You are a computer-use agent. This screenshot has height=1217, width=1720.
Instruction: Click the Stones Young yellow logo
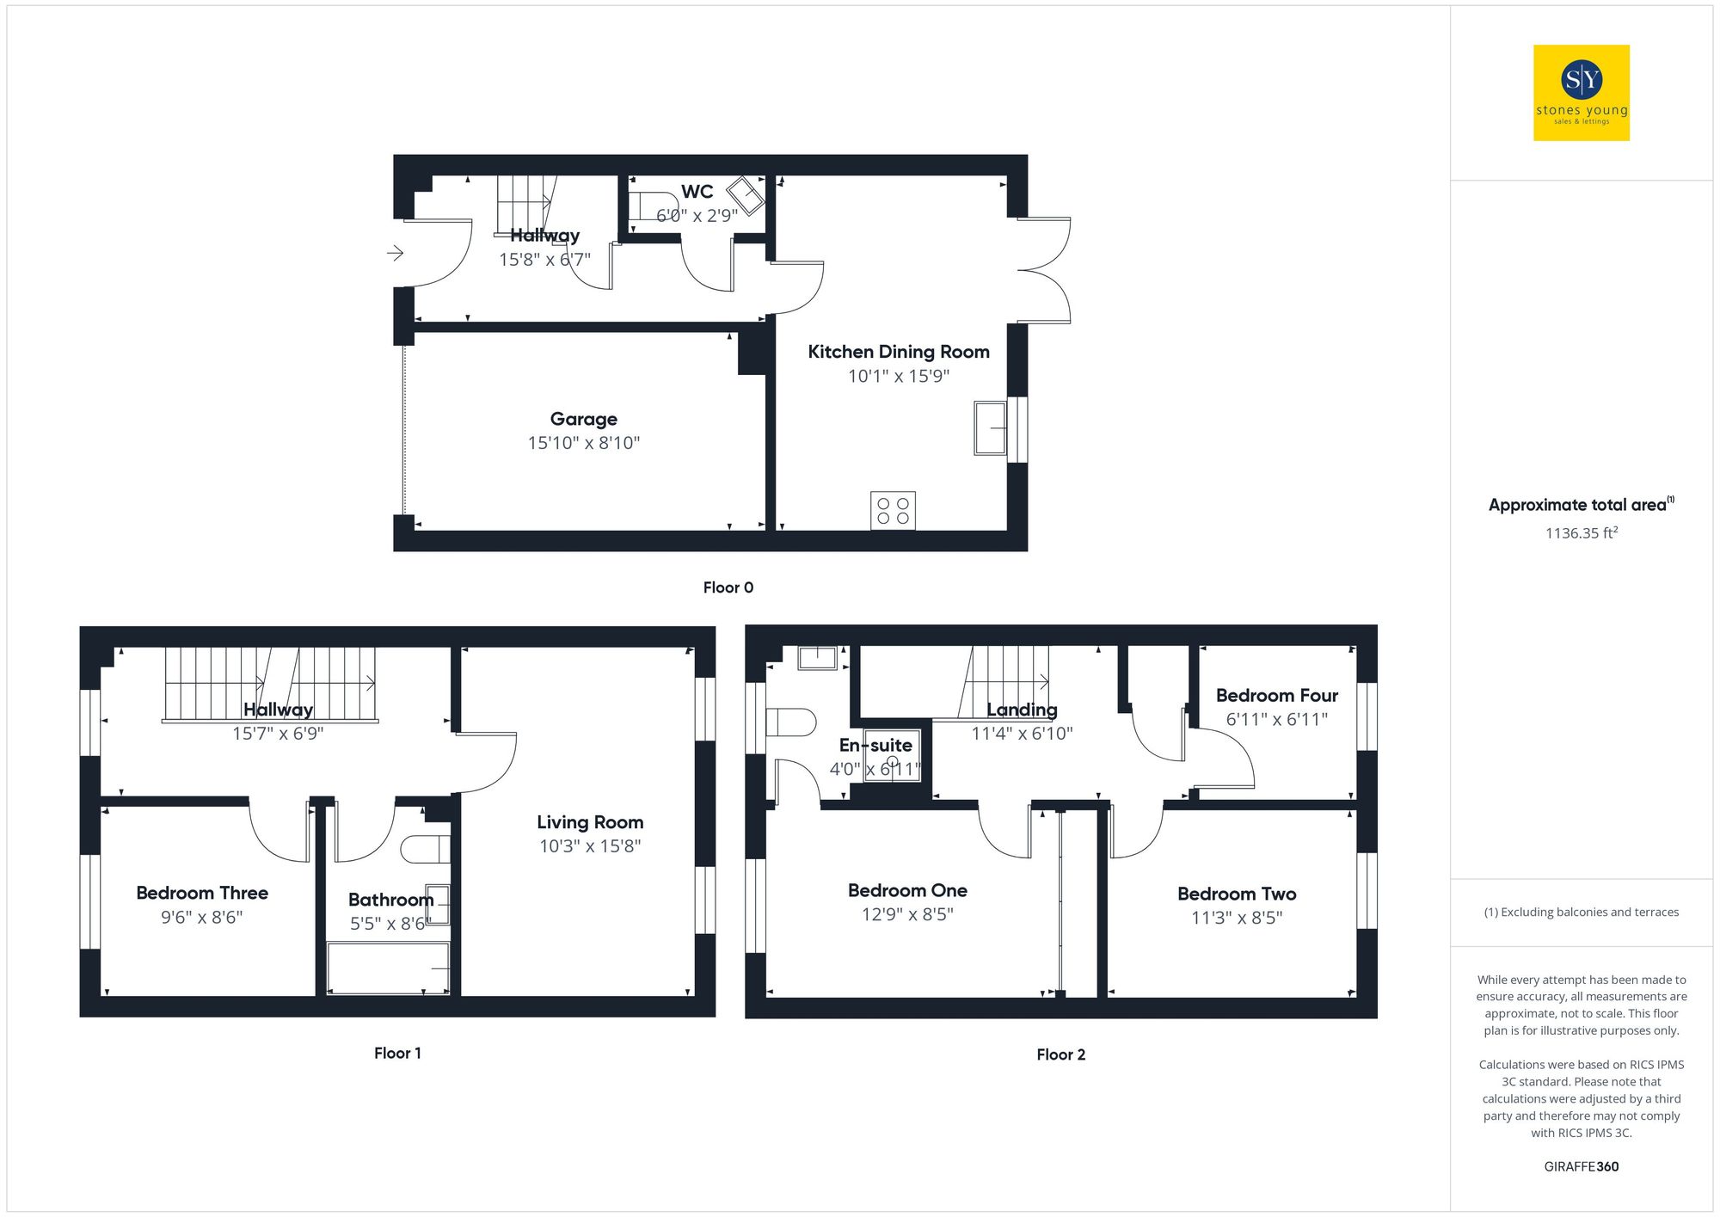[x=1581, y=93]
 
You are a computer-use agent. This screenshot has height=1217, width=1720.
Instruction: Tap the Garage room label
[x=583, y=419]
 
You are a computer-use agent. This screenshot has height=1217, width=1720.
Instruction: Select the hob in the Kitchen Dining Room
[x=893, y=511]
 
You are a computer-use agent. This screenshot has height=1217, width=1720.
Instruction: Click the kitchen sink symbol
[x=990, y=427]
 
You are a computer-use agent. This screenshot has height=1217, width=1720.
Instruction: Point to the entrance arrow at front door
[x=395, y=253]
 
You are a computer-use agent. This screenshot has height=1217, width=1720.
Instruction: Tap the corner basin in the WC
[x=745, y=195]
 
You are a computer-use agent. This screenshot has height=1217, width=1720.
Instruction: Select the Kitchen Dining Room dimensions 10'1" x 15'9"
[x=898, y=376]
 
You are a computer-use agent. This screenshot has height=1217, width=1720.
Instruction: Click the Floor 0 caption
[x=728, y=587]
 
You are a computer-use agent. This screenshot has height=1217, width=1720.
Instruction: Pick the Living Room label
[x=590, y=822]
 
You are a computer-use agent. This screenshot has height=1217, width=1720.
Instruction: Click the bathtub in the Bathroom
[x=388, y=968]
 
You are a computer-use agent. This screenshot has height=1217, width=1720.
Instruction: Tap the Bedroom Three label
[x=202, y=893]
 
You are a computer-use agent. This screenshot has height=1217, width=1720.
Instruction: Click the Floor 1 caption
[x=397, y=1053]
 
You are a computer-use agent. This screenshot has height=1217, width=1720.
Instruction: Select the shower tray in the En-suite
[x=892, y=756]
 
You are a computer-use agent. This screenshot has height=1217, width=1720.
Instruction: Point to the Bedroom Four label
[x=1276, y=695]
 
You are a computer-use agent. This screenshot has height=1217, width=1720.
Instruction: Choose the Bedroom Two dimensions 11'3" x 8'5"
[x=1236, y=918]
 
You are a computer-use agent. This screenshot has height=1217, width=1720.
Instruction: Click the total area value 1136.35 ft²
[x=1581, y=533]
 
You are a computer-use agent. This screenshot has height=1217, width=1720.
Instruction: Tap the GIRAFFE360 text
[x=1581, y=1166]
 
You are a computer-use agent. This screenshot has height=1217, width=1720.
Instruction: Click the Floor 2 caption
[x=1060, y=1054]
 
